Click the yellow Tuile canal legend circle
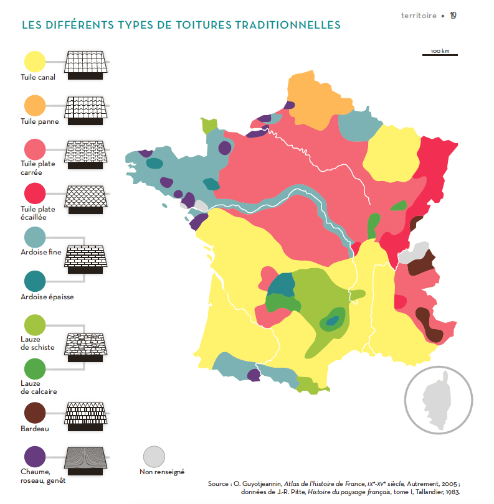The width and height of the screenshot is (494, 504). [35, 62]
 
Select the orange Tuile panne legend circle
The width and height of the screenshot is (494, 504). [35, 106]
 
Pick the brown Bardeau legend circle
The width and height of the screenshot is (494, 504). [35, 413]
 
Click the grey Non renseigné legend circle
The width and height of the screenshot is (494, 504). [153, 457]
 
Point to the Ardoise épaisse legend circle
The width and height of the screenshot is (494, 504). [35, 281]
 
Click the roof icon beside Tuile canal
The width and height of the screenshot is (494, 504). [87, 62]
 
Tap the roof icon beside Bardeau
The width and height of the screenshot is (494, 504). [87, 414]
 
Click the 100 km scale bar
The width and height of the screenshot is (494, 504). [440, 55]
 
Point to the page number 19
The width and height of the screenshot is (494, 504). [453, 16]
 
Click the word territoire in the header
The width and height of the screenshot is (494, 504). [419, 16]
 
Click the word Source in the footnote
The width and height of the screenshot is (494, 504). [219, 483]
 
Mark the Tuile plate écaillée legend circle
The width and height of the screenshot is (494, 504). [35, 194]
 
